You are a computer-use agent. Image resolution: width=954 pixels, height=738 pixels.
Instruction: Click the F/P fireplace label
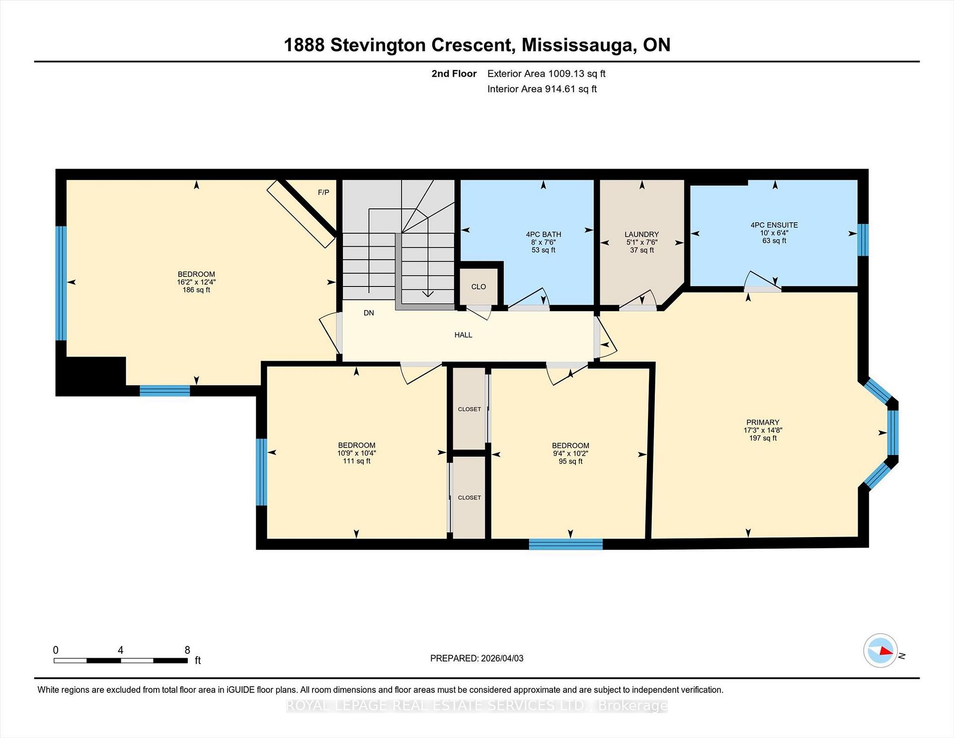[323, 192]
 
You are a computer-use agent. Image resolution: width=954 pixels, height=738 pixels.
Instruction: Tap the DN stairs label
[369, 313]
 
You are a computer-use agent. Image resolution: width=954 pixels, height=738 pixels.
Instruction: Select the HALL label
[463, 335]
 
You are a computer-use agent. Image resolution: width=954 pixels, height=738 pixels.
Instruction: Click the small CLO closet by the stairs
[478, 287]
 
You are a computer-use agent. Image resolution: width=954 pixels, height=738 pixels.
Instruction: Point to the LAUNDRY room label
[641, 234]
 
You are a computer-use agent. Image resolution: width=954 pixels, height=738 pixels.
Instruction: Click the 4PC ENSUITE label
[774, 225]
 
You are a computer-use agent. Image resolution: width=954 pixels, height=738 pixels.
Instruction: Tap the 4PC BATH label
[543, 234]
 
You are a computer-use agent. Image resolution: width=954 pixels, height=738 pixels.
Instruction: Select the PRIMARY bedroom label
[763, 422]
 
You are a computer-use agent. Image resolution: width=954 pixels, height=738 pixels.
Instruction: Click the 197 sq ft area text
[763, 438]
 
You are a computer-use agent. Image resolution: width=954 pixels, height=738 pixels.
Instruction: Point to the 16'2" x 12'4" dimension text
[196, 282]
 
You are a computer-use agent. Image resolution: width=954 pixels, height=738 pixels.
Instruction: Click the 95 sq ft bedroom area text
[570, 461]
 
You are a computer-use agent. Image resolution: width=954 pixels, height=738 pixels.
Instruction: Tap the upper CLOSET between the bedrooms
[469, 409]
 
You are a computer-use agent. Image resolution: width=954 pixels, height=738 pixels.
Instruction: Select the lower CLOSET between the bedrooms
[469, 498]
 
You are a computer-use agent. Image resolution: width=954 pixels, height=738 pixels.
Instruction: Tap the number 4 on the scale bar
[120, 650]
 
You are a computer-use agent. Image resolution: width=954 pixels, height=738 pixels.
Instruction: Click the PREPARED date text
[477, 658]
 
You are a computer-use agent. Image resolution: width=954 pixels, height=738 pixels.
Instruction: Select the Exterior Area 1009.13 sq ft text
[546, 74]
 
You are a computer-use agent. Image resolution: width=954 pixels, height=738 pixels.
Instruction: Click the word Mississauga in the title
[579, 45]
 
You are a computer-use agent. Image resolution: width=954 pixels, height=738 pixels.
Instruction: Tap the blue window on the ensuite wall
[863, 240]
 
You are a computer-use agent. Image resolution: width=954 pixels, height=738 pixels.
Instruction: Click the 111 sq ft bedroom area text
[356, 461]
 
